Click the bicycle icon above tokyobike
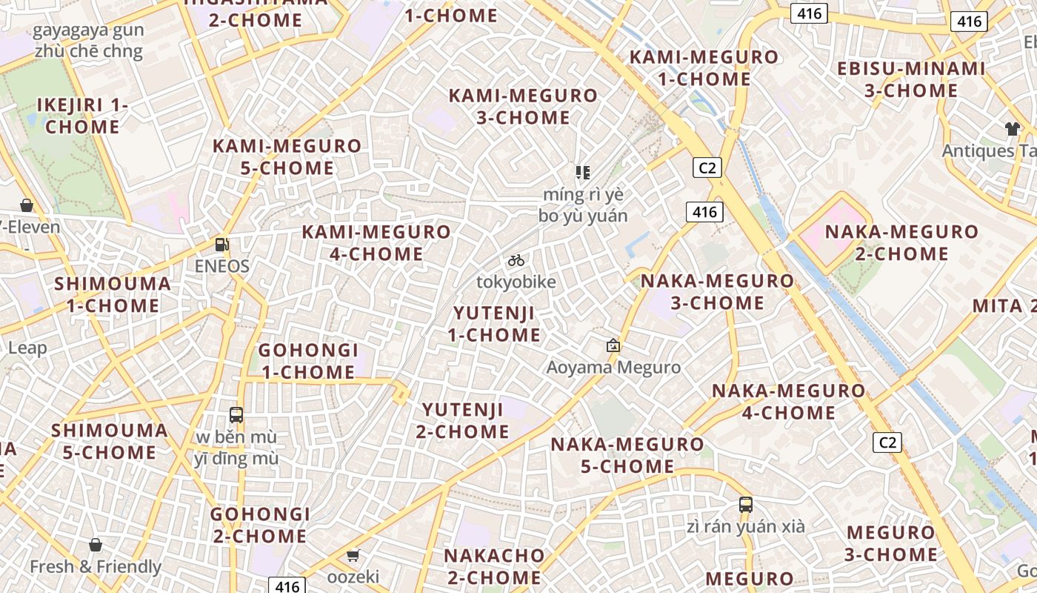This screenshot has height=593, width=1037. (516, 260)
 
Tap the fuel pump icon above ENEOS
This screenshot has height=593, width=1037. (221, 244)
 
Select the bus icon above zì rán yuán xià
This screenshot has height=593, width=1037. (746, 505)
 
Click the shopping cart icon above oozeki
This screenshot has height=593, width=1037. (353, 555)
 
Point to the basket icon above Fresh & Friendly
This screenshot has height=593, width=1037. (96, 546)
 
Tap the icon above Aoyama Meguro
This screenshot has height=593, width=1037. (613, 345)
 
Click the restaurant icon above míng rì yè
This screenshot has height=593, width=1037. (583, 173)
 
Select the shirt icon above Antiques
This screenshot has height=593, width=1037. (1013, 129)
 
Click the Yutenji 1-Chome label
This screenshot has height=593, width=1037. (494, 324)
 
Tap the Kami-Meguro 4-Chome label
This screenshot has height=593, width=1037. (376, 243)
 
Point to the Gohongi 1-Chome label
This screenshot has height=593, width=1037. (308, 361)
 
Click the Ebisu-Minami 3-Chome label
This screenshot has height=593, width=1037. (911, 80)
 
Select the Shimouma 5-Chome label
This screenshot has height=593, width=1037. (110, 442)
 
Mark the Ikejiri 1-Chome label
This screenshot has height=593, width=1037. (82, 116)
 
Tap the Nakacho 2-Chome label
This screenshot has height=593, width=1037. (494, 566)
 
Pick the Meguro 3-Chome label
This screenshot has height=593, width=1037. (891, 543)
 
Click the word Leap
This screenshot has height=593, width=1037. (27, 348)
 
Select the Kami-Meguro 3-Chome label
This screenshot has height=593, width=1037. (523, 107)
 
